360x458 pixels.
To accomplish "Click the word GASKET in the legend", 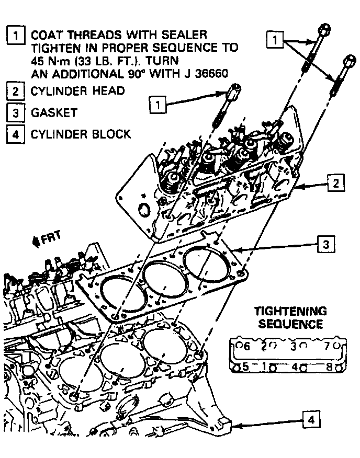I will tap(54, 112).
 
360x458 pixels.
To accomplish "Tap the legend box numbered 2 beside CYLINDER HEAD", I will tap(16, 91).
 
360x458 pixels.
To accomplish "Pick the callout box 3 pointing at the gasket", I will tap(325, 244).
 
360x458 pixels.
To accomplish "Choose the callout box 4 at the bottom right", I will tap(311, 419).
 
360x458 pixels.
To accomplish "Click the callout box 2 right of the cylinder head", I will tap(335, 183).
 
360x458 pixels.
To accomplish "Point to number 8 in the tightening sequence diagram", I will tap(330, 367).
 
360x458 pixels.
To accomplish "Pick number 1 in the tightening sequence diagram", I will tap(266, 367).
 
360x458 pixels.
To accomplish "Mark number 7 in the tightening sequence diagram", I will tap(327, 346).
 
